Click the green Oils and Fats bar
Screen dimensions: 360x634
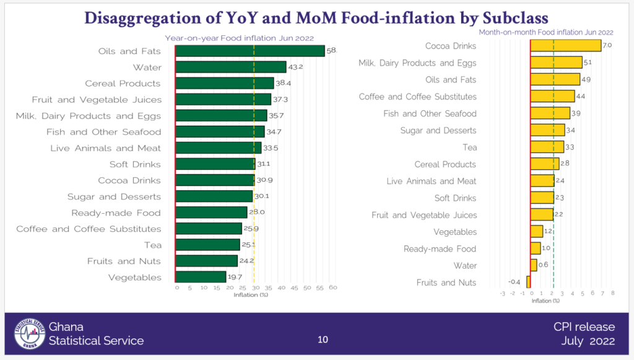pos(250,51)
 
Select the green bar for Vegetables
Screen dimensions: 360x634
pos(201,277)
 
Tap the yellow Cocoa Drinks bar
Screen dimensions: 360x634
pos(566,46)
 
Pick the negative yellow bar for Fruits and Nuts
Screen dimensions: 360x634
pos(529,283)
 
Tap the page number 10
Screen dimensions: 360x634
pos(323,340)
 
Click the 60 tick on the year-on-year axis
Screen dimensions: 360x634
pos(332,288)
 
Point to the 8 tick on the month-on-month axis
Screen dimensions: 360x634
pos(612,293)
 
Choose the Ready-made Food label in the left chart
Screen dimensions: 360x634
pos(116,213)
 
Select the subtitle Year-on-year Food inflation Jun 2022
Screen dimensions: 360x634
pos(239,38)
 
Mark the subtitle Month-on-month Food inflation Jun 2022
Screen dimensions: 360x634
pos(547,32)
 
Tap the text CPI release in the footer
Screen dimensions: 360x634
pos(584,327)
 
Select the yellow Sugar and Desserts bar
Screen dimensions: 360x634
pos(548,130)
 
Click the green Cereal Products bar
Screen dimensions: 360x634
pos(224,83)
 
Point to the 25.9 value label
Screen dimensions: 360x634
pos(251,229)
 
